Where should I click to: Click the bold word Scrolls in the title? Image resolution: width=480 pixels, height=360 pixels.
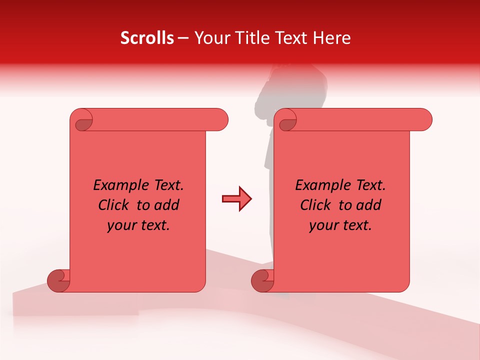coord(147,38)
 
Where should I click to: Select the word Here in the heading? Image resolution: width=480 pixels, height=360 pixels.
coord(332,38)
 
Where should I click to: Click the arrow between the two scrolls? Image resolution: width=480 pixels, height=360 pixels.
coord(236,199)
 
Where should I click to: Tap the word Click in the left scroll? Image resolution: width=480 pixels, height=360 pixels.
coord(114,205)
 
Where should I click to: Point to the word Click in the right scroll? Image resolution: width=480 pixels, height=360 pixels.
coord(316,205)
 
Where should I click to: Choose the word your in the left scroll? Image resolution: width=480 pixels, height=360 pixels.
coord(121,226)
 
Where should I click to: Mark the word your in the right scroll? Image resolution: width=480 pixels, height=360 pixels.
coord(323,226)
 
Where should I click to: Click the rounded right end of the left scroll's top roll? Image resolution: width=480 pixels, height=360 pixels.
coord(220,119)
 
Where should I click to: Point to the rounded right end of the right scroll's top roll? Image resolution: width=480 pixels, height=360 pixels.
coord(424,119)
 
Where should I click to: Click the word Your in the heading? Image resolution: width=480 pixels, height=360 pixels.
coord(210,38)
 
